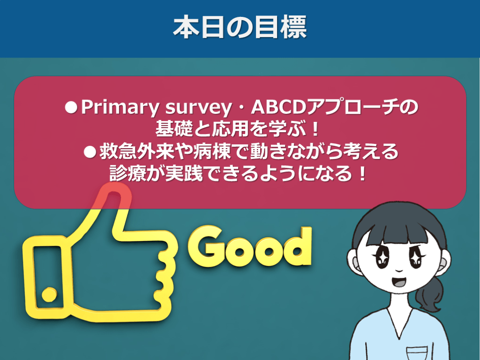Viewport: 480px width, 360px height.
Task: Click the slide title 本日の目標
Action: pos(240,28)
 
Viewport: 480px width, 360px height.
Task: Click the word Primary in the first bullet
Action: pos(120,108)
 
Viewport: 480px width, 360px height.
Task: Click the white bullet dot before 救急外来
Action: pos(90,152)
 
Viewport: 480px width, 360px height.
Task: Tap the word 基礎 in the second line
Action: pos(174,129)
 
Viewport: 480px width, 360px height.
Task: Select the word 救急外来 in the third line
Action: pos(137,151)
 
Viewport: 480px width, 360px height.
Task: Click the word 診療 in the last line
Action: pos(128,173)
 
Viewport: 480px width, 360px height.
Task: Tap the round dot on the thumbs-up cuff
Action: pos(49,294)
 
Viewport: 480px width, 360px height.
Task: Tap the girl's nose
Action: pos(399,270)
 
